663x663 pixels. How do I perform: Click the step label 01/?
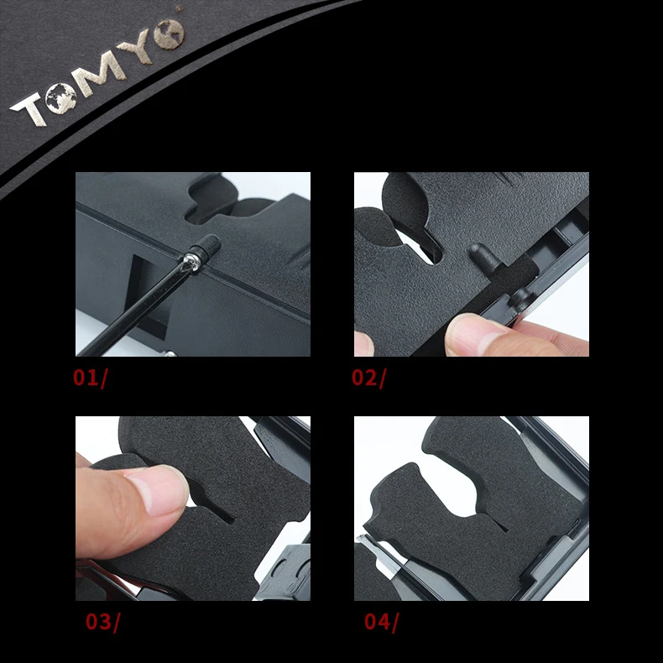(91, 378)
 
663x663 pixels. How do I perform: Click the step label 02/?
(369, 378)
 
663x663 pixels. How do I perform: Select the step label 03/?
(103, 622)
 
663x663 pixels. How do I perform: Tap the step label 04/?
(382, 622)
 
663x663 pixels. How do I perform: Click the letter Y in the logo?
(137, 47)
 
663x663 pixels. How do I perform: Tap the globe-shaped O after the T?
(61, 98)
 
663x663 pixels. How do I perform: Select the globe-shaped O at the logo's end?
(170, 34)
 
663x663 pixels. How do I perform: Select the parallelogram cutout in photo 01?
(147, 291)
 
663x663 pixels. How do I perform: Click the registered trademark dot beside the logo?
(180, 8)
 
